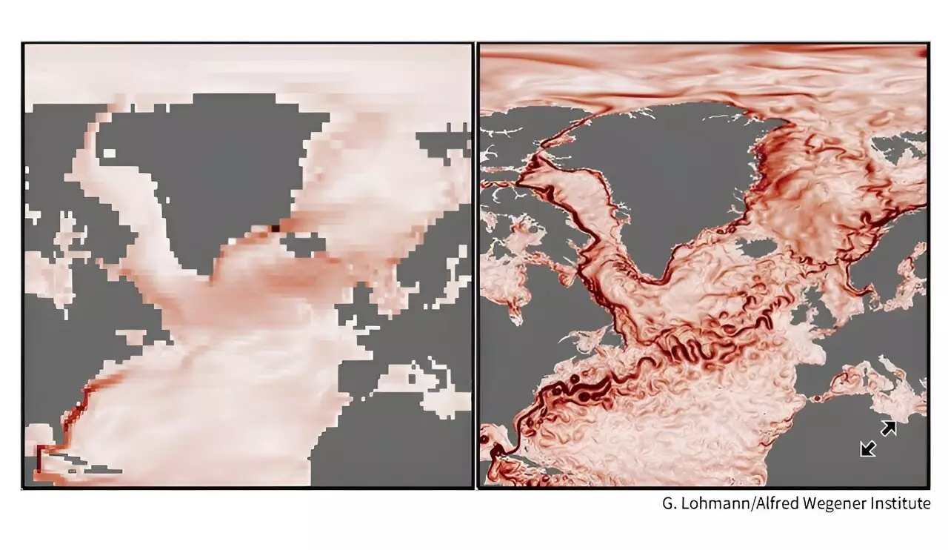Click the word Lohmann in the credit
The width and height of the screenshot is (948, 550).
click(710, 504)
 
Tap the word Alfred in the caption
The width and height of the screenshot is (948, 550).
click(771, 504)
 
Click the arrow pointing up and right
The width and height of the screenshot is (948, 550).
click(888, 428)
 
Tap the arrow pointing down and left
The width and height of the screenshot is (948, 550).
click(868, 448)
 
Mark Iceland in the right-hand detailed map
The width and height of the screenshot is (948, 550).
click(757, 248)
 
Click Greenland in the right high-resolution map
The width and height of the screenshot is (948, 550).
click(667, 178)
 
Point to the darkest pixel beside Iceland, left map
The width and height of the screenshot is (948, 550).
click(275, 228)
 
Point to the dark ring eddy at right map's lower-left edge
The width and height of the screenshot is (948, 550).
click(487, 439)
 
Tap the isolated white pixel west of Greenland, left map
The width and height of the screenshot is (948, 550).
click(110, 153)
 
